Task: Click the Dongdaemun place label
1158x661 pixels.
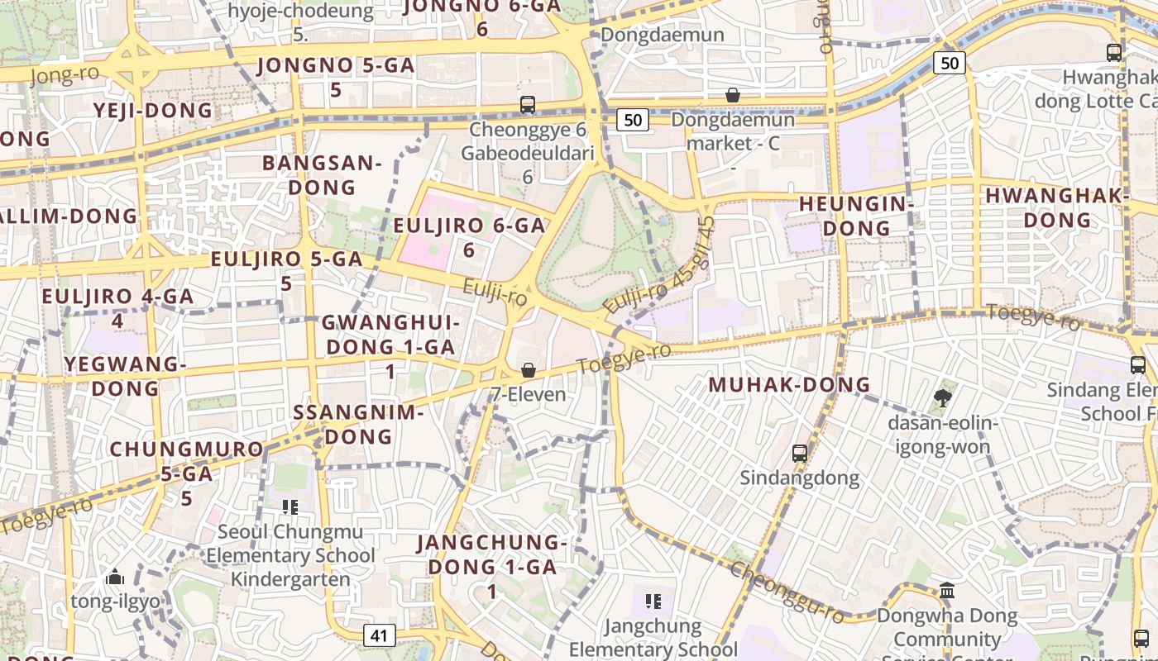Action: [x=663, y=35]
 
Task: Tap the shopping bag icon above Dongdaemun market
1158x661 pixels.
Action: [x=732, y=95]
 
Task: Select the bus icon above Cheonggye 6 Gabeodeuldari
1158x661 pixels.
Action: [x=528, y=105]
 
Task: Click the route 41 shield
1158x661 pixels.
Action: [x=379, y=635]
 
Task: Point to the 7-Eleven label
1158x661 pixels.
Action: [x=529, y=394]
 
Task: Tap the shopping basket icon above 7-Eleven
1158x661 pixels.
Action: [x=529, y=370]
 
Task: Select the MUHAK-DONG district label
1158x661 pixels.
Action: [x=790, y=384]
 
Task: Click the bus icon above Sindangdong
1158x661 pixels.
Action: [x=799, y=453]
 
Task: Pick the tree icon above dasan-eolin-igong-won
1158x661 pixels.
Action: [x=941, y=399]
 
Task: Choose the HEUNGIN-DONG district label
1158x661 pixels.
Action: [x=855, y=216]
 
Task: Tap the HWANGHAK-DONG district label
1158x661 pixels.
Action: [x=1057, y=208]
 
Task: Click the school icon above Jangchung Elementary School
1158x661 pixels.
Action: [x=653, y=601]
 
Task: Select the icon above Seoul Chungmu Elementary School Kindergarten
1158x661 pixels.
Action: [x=289, y=506]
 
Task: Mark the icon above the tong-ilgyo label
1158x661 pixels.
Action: [x=115, y=576]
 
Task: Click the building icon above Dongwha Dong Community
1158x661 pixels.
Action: [x=947, y=591]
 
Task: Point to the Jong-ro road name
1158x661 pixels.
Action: [x=64, y=75]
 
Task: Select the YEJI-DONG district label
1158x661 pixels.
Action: [x=153, y=111]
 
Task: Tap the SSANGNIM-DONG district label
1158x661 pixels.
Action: [x=358, y=424]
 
